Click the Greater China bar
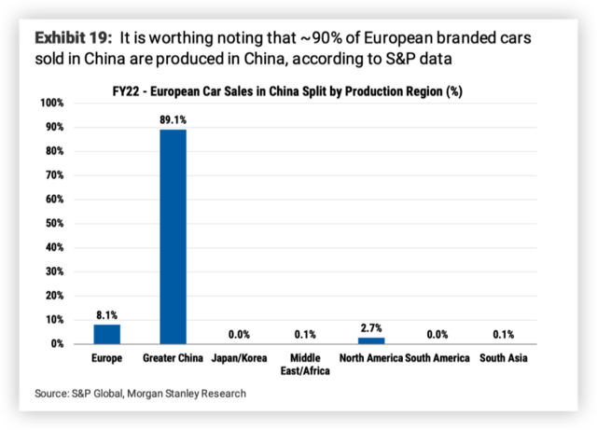coord(173,236)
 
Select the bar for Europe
coord(106,334)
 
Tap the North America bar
coord(371,340)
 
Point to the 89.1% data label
coord(173,120)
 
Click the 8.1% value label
coord(106,315)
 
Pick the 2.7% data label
coord(371,328)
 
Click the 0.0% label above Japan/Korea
coord(239,334)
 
